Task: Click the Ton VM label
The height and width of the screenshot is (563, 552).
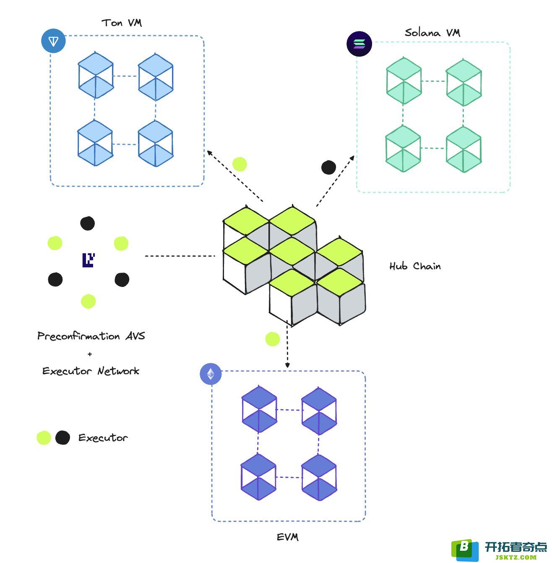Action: tap(122, 23)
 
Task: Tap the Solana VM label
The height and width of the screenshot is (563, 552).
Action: tap(432, 33)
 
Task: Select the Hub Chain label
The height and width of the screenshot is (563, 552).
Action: tap(415, 266)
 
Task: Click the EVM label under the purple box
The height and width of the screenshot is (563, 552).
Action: tap(288, 537)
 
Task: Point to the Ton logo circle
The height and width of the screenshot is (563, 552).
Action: tap(53, 41)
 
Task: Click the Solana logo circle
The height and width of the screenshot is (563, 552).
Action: tap(359, 44)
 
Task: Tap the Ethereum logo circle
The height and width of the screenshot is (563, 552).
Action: tap(211, 374)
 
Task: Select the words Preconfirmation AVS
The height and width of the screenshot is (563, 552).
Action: tap(91, 336)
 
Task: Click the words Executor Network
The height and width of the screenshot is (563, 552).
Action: tap(91, 371)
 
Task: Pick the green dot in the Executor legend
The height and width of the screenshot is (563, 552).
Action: tap(44, 438)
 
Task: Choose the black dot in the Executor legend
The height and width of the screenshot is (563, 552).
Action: tap(62, 438)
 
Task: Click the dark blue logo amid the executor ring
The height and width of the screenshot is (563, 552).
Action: tap(89, 260)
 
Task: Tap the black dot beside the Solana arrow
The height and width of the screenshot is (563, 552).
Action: tap(328, 167)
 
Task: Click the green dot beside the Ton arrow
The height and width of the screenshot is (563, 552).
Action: tap(240, 164)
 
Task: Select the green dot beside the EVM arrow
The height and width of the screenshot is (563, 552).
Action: tap(273, 339)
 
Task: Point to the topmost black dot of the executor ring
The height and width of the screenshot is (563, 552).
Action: tap(87, 224)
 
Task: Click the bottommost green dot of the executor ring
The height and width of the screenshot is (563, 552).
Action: tap(88, 302)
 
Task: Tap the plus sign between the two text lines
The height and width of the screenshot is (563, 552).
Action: tap(90, 354)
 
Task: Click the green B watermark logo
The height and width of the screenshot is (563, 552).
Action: tap(465, 550)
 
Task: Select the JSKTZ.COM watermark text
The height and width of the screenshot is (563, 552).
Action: tap(516, 557)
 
